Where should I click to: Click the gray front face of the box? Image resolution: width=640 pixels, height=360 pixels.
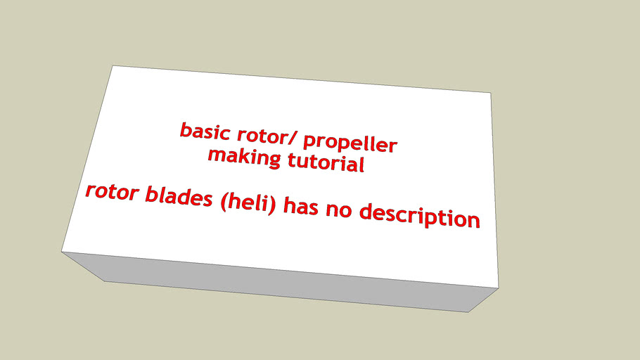[281, 281]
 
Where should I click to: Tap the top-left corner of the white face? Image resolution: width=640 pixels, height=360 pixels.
[113, 66]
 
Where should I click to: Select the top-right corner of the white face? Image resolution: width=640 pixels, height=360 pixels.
[490, 92]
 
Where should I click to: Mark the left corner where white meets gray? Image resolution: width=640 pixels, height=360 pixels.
[62, 251]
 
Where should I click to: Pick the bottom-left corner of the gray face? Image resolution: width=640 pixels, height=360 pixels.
[105, 281]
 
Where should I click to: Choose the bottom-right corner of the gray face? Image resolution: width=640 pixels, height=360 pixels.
[469, 312]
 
